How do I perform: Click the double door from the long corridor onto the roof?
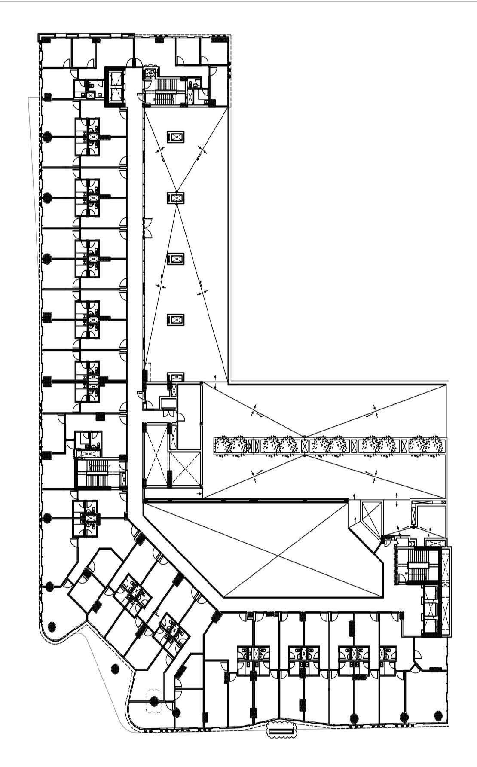[x=148, y=228]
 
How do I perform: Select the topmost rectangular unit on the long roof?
[x=175, y=137]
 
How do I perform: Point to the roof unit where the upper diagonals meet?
[x=175, y=198]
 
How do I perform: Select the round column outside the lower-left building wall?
[x=115, y=669]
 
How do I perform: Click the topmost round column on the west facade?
[x=48, y=137]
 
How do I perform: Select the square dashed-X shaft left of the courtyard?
[x=185, y=469]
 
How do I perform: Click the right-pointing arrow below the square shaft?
[x=200, y=495]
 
